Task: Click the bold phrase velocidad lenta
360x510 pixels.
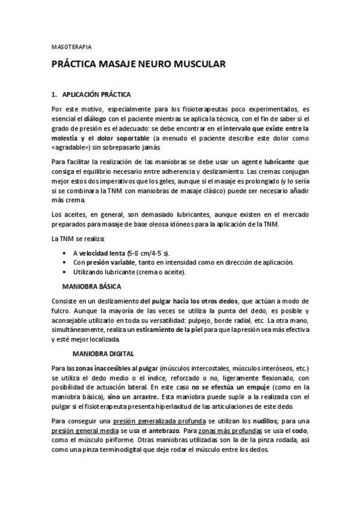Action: [99, 253]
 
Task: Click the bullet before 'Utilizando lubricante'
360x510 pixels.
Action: [64, 272]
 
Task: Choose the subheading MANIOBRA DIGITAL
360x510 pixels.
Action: [103, 353]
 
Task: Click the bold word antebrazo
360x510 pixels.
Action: [162, 430]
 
